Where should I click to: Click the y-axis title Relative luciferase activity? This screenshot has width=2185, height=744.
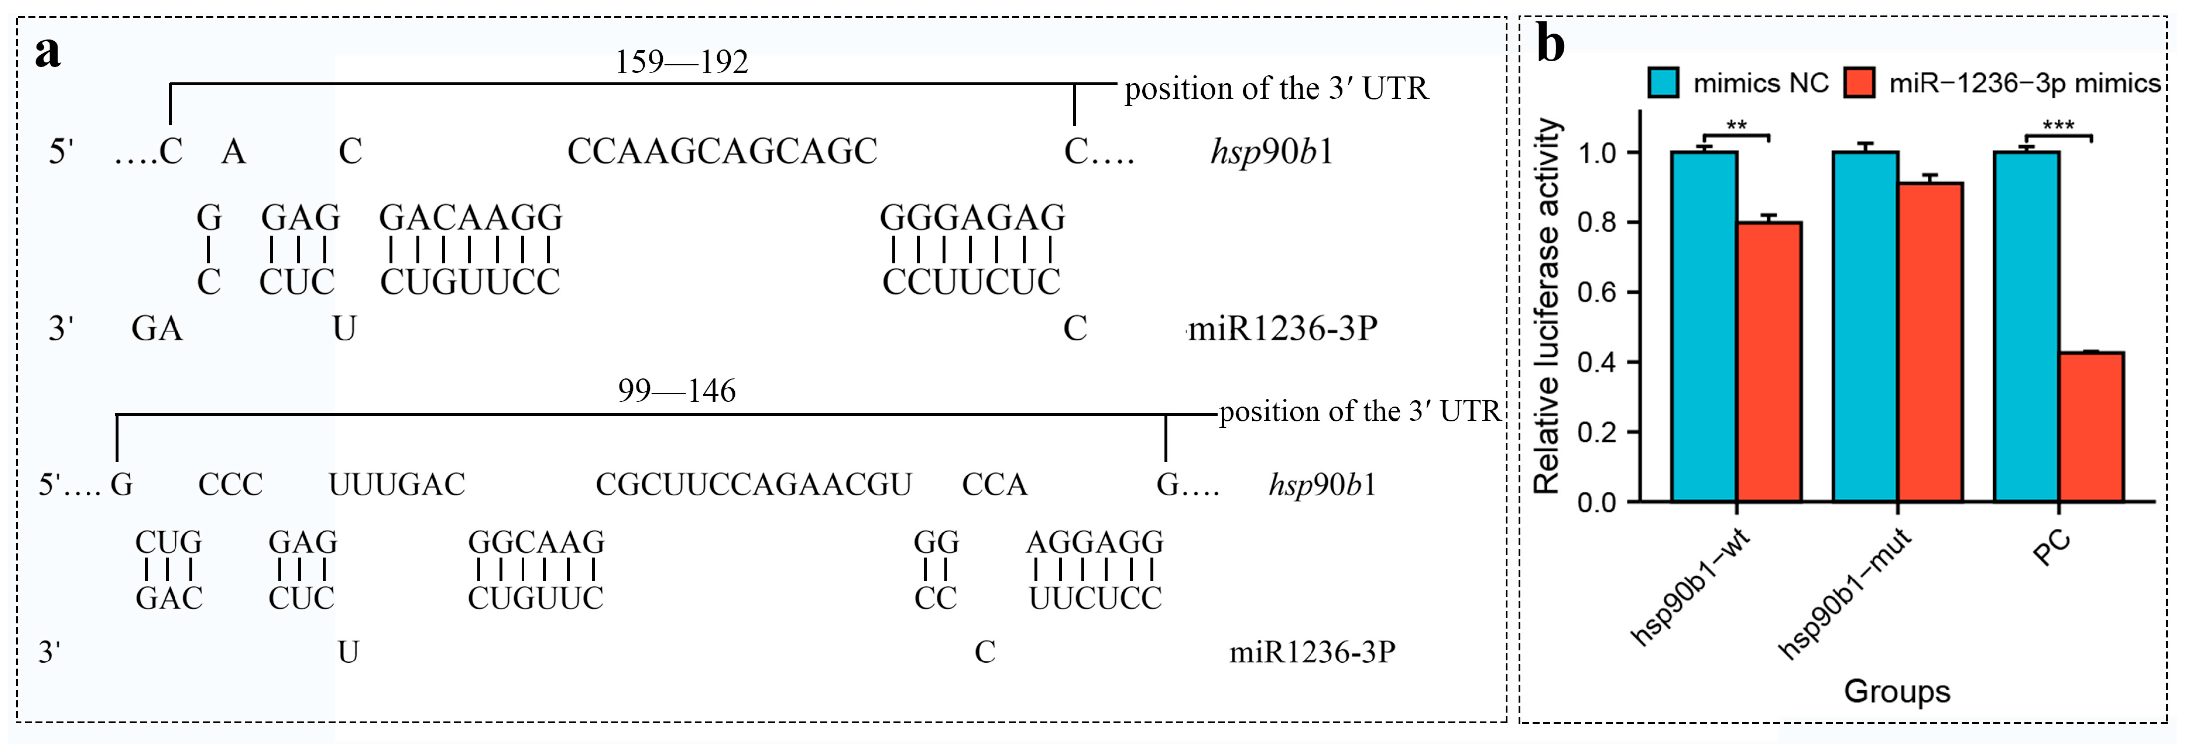coord(1548,306)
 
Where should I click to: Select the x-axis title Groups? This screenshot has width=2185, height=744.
coord(1897,691)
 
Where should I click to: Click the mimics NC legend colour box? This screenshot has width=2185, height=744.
coord(1663,83)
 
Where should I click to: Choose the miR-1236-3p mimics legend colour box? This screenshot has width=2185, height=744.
coord(1859,83)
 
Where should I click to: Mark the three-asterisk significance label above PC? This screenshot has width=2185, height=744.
coord(2059,126)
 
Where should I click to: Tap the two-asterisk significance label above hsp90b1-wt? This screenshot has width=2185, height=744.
coord(1736,126)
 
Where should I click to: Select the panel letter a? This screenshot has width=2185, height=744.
coord(48,53)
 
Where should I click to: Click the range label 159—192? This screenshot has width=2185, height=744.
coord(682,62)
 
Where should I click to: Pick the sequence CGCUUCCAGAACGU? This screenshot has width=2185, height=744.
coord(753,485)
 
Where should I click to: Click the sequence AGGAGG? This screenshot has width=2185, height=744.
coord(1094,542)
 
